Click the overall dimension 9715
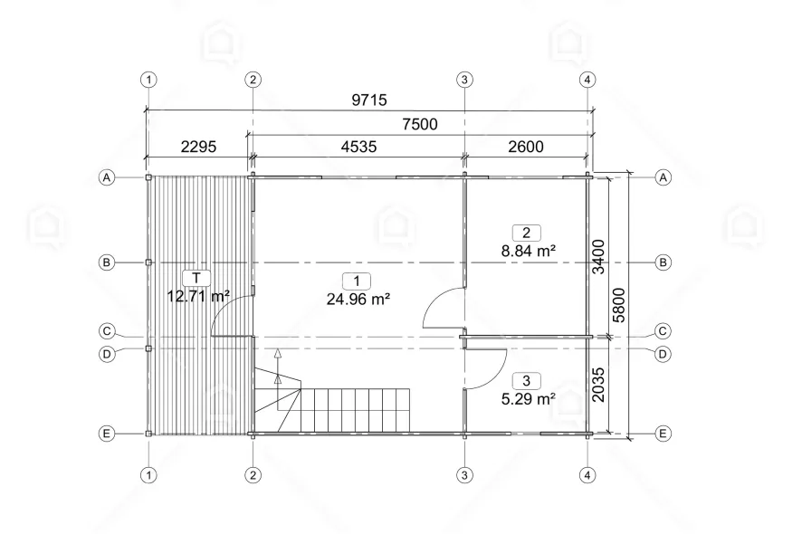coord(369,100)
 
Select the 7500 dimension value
coord(420,124)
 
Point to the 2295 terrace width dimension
coord(198,147)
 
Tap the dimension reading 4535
coord(358,147)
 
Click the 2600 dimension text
coord(526,147)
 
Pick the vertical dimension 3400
coord(598,257)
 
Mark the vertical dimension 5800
coord(619,305)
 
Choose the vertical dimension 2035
coord(598,385)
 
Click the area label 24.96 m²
coord(358,299)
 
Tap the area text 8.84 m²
coord(529,251)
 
